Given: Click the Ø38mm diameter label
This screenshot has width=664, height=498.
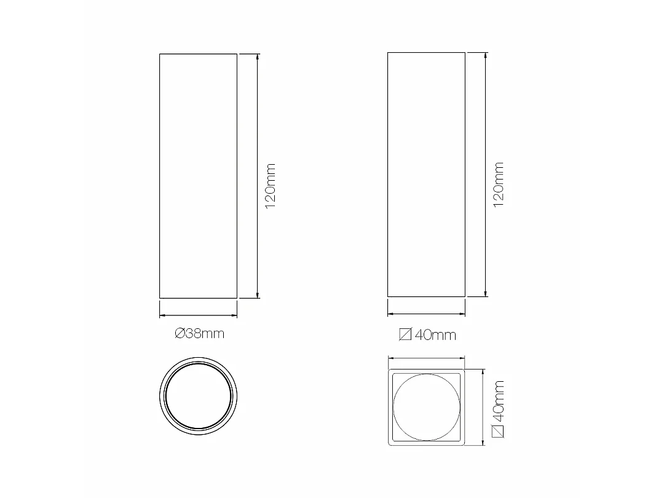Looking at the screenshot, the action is point(199,334).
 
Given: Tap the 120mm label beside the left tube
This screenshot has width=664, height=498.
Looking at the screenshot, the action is point(270,186).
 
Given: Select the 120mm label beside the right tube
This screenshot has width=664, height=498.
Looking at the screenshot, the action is point(499,184).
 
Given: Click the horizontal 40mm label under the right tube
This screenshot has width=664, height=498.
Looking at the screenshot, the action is point(428,335).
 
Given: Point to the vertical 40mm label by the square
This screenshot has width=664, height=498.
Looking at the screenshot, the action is point(499,409).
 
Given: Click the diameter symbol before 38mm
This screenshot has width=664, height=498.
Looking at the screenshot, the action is point(180,334).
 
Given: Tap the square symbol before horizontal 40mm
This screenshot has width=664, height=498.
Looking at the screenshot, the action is point(405,335).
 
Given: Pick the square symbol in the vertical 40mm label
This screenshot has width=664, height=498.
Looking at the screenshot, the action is point(499,432).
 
